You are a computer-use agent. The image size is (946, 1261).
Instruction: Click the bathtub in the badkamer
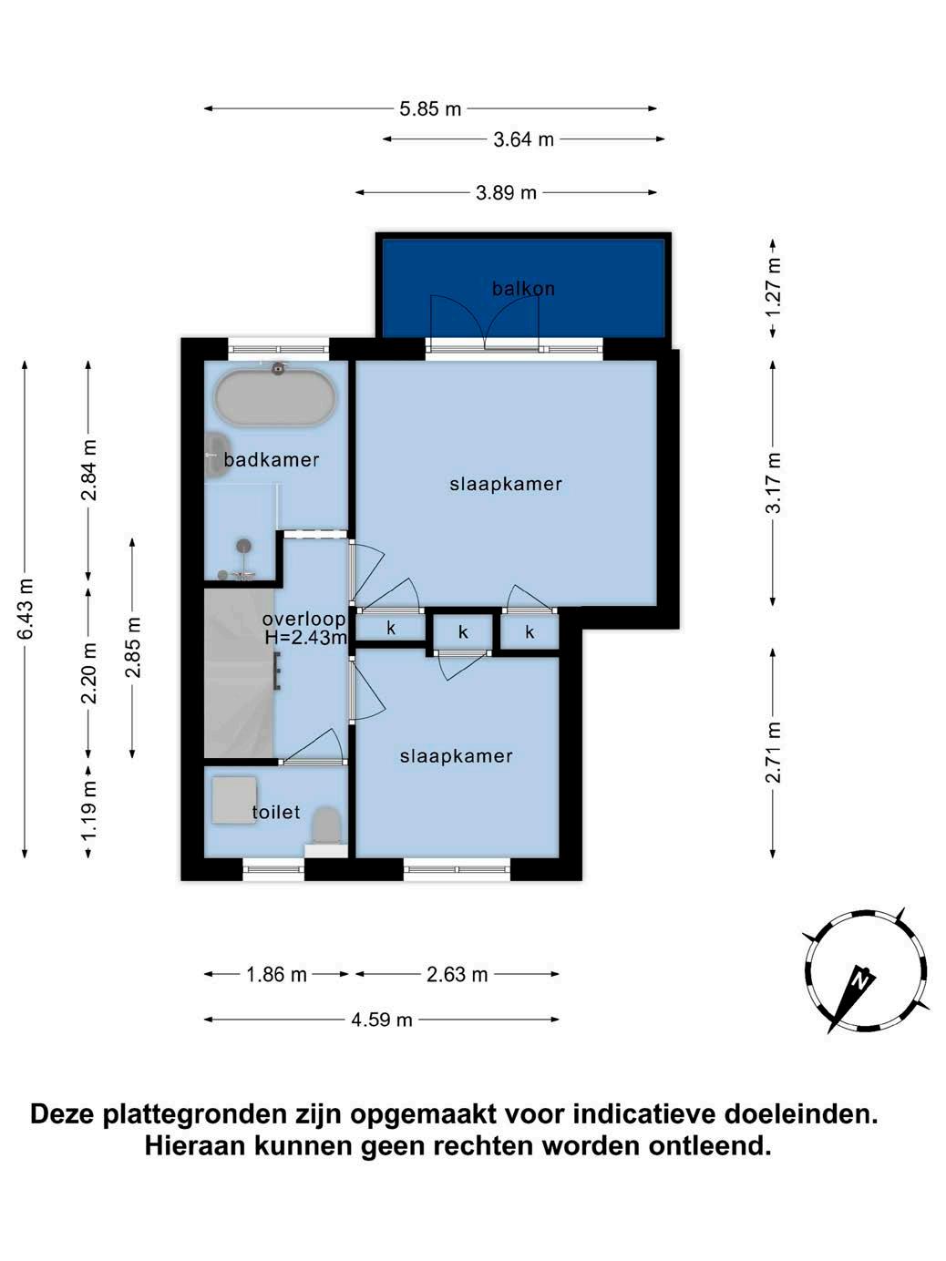point(276,397)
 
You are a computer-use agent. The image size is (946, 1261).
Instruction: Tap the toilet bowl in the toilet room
point(326,826)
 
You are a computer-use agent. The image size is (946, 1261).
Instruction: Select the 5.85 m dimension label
point(430,108)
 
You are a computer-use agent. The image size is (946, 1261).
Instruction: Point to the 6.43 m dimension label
point(26,609)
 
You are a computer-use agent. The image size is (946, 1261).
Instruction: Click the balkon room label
point(523,289)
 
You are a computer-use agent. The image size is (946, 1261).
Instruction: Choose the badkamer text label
point(271,459)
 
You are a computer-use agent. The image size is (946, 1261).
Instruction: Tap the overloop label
point(303,620)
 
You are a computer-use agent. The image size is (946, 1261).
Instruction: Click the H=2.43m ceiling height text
point(306,637)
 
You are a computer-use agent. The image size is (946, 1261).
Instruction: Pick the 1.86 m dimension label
point(276,975)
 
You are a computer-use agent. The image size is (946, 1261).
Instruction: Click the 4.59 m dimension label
point(382,1020)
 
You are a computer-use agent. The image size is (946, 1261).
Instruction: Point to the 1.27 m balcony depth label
point(774,287)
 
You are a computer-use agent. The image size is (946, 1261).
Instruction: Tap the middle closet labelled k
point(463,632)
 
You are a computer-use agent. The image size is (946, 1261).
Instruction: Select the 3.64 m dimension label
point(523,139)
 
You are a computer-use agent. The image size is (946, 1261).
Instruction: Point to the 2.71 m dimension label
point(774,752)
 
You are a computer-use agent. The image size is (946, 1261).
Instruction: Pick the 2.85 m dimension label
point(133,647)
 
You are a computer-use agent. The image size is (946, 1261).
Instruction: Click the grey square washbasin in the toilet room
point(234,800)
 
